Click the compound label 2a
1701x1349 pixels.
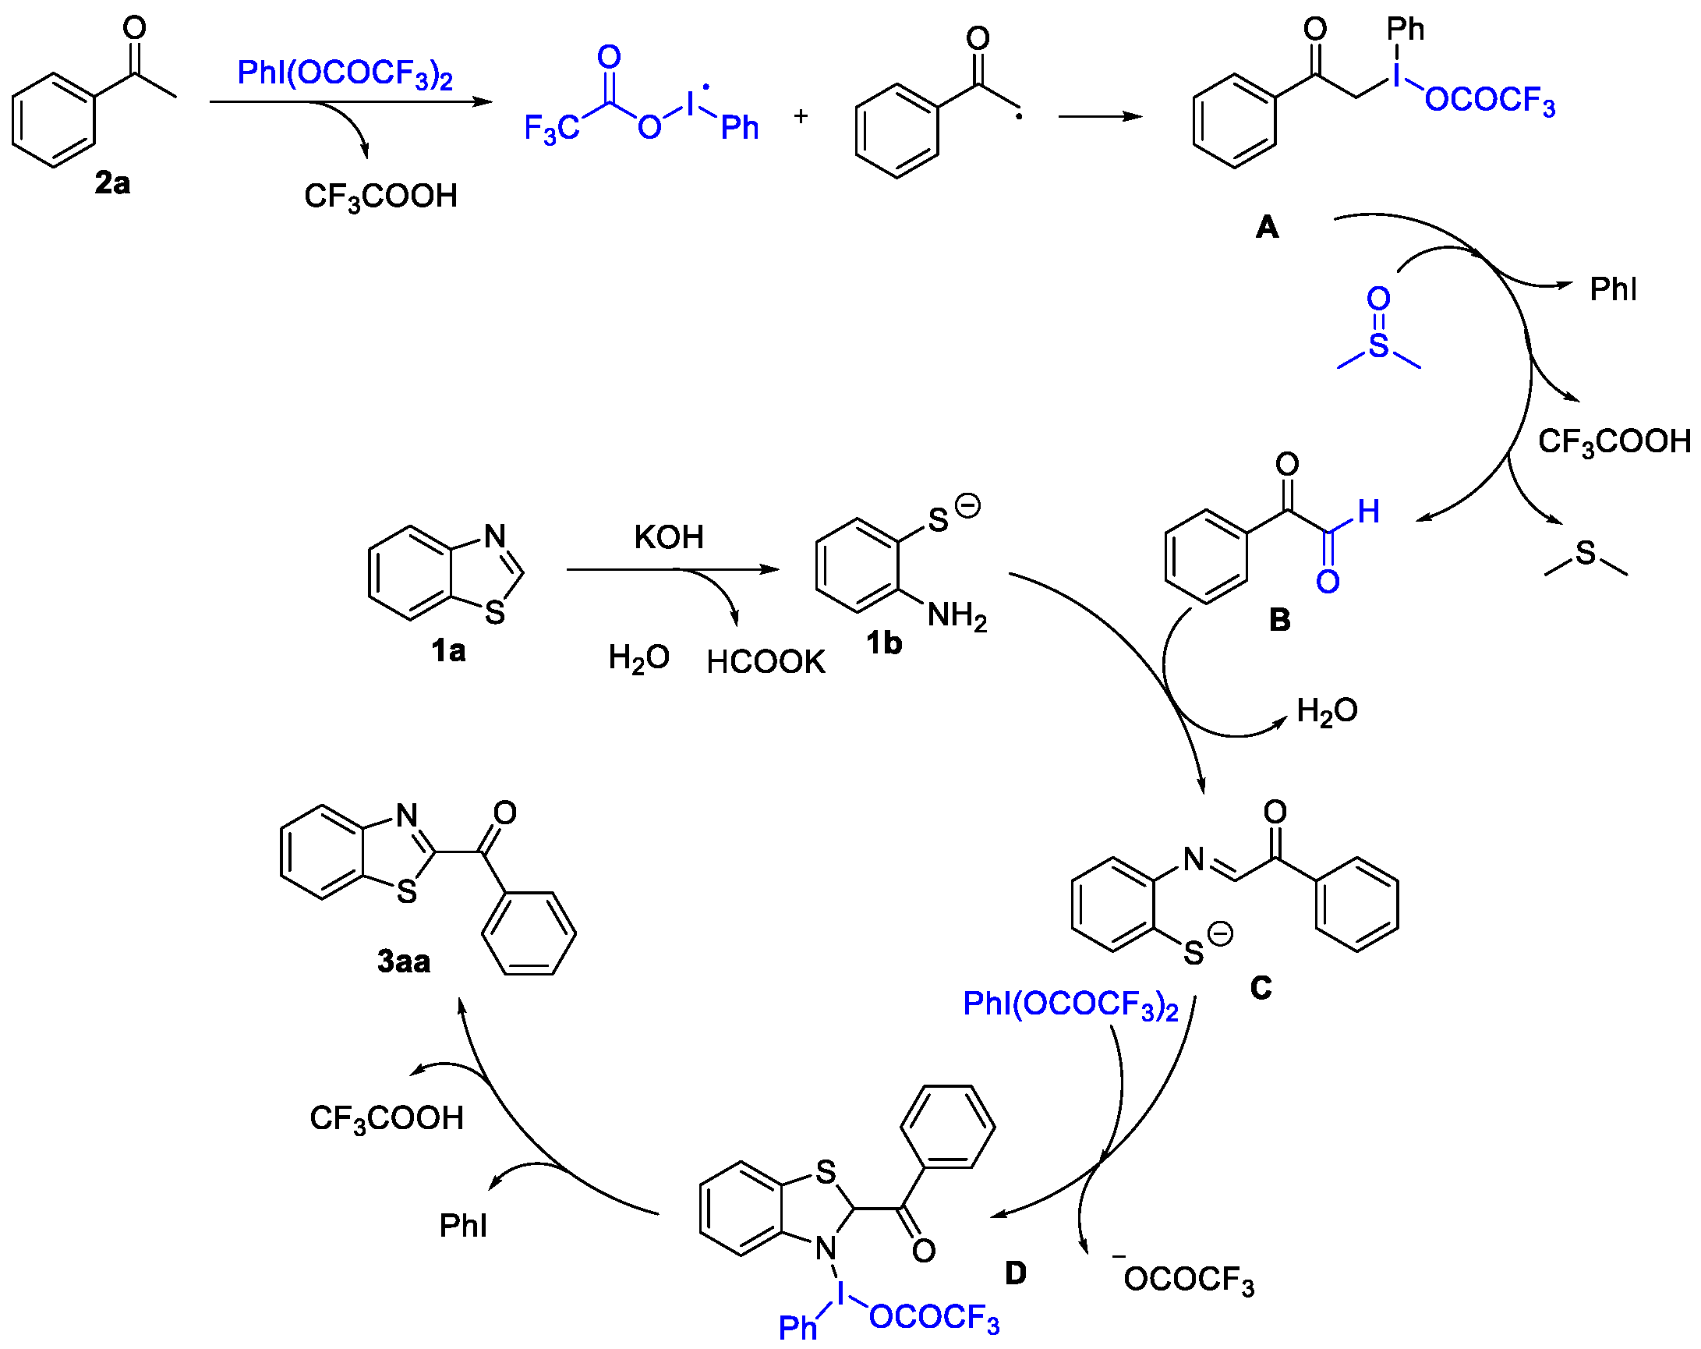click(x=112, y=183)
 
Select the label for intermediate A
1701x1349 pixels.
click(x=1266, y=228)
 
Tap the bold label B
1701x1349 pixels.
click(x=1279, y=620)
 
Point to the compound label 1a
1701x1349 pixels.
click(x=448, y=651)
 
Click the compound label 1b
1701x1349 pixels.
click(x=884, y=643)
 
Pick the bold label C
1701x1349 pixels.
click(x=1261, y=987)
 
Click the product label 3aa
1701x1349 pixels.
click(x=403, y=961)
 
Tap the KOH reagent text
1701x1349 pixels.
click(x=668, y=537)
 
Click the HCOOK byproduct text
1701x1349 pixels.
click(x=766, y=662)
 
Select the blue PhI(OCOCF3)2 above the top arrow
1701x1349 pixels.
click(x=345, y=74)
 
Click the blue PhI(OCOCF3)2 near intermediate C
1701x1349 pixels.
click(x=1070, y=1005)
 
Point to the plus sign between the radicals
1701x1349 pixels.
click(x=801, y=117)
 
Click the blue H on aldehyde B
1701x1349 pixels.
click(x=1368, y=512)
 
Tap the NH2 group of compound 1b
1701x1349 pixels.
click(x=957, y=616)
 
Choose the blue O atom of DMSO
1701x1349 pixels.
click(x=1378, y=299)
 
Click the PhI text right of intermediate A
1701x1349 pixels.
click(x=1613, y=290)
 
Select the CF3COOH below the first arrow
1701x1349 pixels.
click(x=380, y=197)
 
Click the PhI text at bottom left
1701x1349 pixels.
click(x=463, y=1226)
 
